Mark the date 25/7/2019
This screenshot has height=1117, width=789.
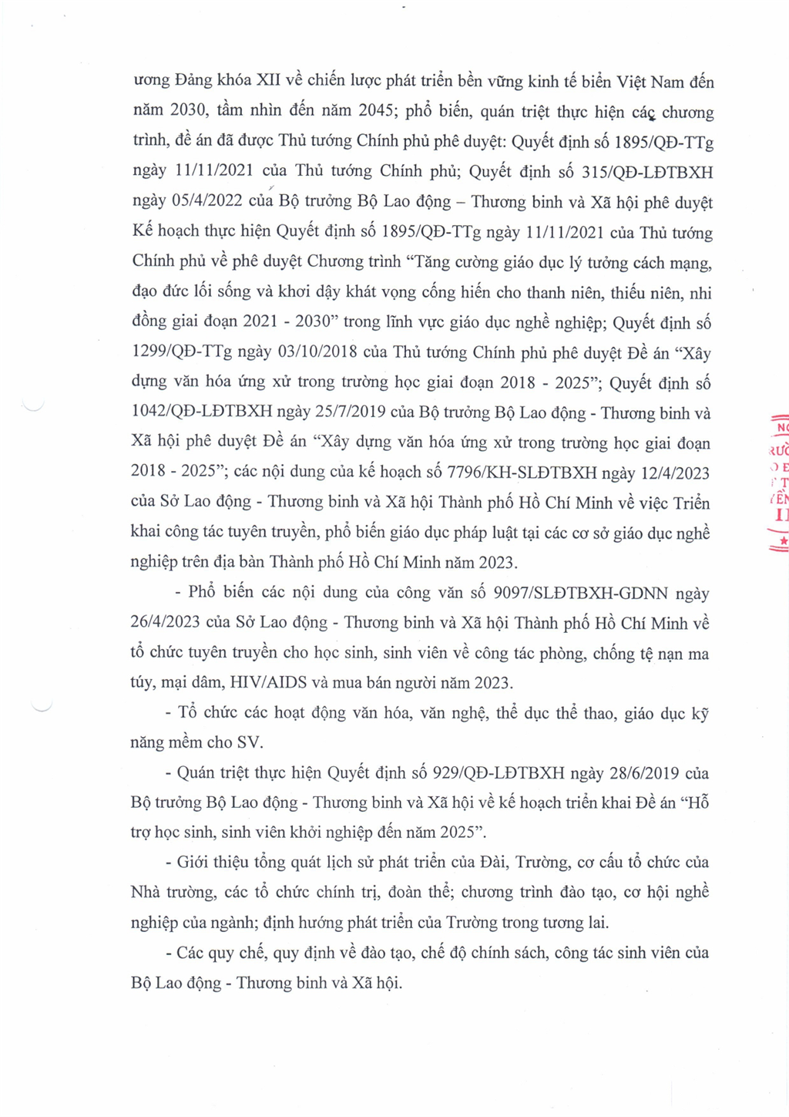351,412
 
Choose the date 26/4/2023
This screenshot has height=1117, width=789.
166,623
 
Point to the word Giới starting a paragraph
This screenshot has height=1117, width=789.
193,863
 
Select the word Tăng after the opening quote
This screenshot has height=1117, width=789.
433,262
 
